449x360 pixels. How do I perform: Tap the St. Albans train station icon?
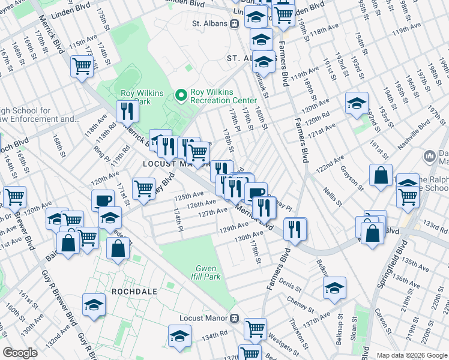click(x=234, y=23)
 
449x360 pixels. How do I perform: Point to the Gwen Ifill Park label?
click(x=208, y=272)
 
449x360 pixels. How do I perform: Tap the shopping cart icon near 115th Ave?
click(x=82, y=67)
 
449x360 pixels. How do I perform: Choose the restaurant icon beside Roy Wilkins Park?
click(x=127, y=111)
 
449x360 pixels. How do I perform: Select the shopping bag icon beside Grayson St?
click(x=381, y=176)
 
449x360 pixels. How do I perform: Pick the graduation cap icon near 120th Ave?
click(x=357, y=103)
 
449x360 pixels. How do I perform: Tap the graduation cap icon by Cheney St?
click(x=334, y=288)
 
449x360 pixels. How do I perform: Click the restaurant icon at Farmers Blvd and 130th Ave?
click(x=295, y=228)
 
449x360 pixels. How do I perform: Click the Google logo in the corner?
click(x=20, y=353)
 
